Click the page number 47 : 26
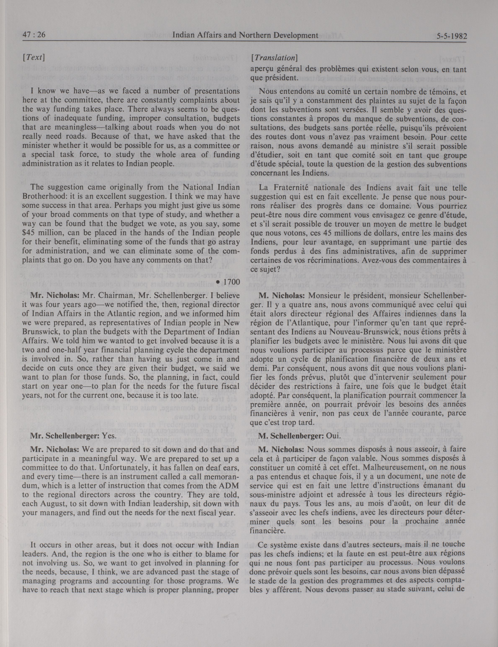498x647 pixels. point(34,36)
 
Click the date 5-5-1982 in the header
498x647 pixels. point(451,36)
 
